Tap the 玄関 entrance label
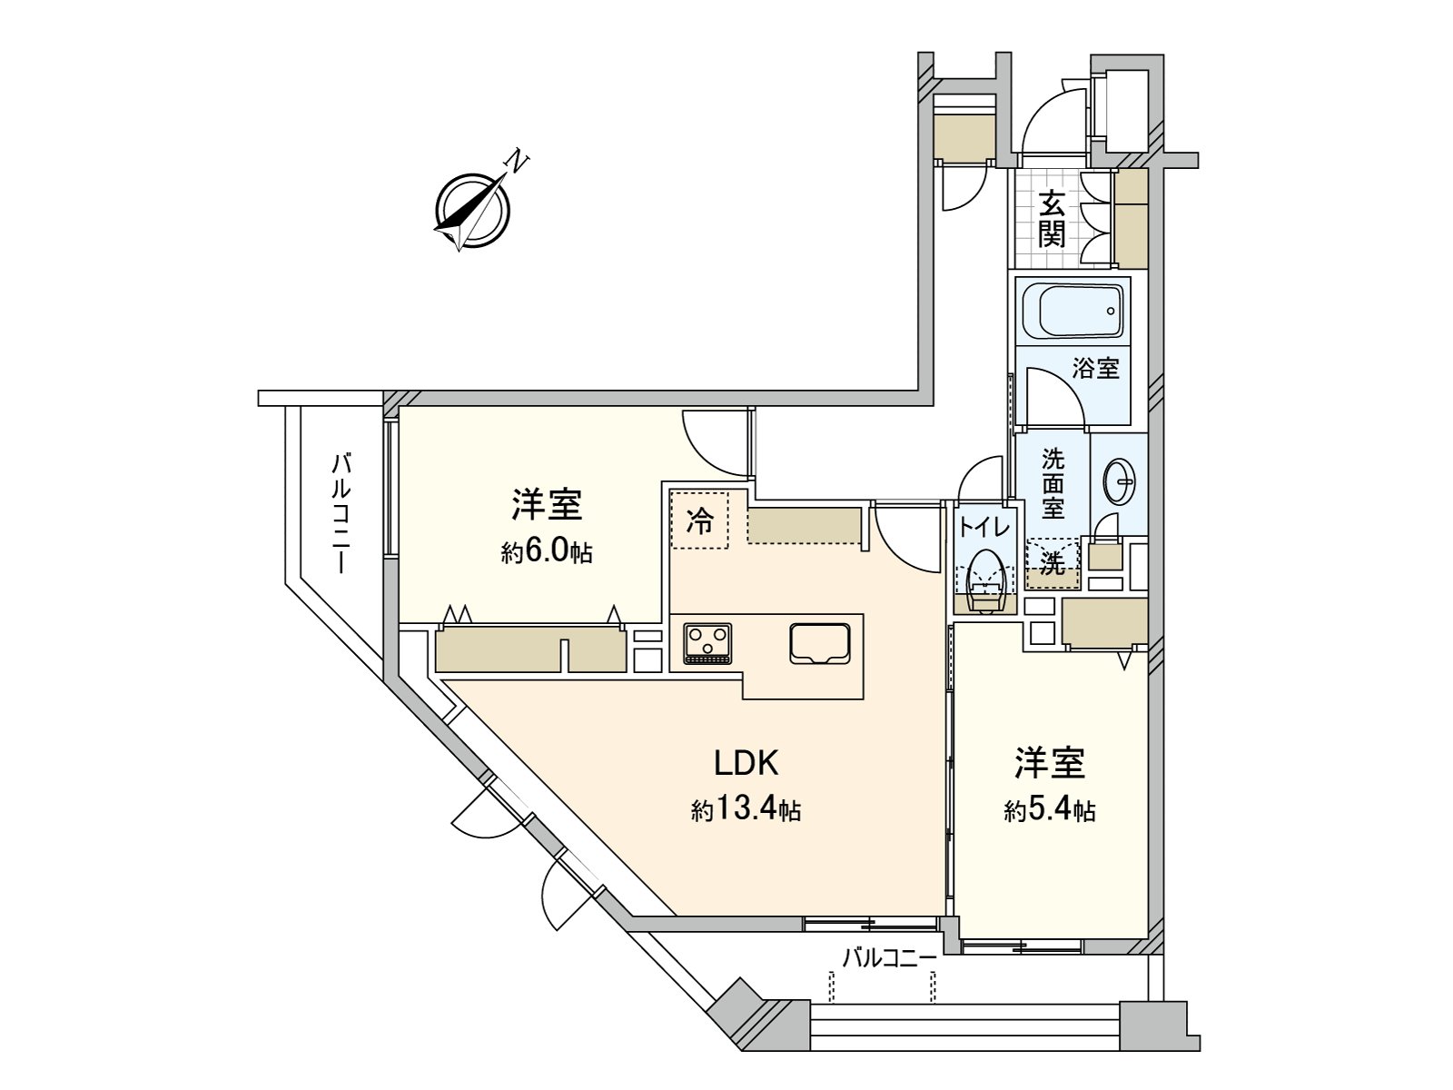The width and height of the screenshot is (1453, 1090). pos(1052,219)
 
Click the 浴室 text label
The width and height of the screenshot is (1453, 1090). pos(1095,369)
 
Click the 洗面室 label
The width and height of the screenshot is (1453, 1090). pos(1053,482)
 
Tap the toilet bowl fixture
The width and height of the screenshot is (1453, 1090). pos(985,577)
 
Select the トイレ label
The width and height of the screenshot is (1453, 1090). pos(977,525)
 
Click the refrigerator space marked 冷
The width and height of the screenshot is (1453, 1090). pos(699,521)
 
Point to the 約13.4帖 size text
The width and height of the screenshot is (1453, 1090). pos(746,810)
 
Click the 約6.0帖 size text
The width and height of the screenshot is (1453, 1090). pos(546,551)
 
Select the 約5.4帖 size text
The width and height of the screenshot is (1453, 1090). pos(1050,810)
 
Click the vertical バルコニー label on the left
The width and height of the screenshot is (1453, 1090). pos(341,513)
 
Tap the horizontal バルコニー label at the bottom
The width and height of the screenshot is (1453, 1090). pos(889,957)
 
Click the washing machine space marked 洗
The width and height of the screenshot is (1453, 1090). pos(1053,563)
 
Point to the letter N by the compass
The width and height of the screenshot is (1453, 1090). pos(517,163)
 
